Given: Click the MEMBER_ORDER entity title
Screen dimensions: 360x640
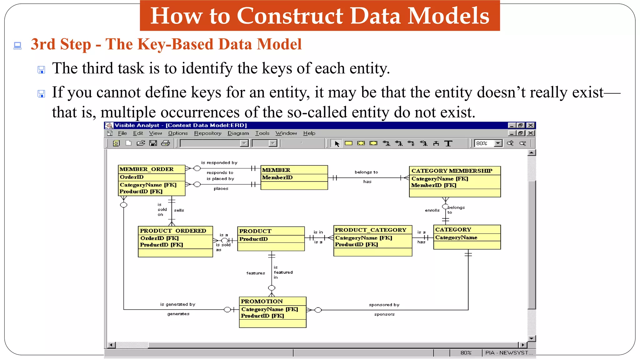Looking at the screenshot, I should coord(146,169).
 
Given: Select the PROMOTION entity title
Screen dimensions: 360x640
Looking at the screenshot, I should coord(262,301).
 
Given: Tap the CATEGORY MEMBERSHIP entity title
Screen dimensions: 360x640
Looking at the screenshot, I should coord(452,171).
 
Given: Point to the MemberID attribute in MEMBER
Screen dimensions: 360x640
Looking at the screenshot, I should coord(277,177).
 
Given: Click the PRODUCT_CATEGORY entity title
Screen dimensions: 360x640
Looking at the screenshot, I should coord(370,230).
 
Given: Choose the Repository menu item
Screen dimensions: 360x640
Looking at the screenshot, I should coord(207,133).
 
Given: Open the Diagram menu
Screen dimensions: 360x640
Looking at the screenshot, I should coord(238,133).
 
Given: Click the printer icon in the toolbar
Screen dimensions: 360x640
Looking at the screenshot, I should coord(165,143).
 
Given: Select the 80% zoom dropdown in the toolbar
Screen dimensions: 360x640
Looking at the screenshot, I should coord(488,143).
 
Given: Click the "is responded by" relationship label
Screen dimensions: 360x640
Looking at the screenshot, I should coord(219,162).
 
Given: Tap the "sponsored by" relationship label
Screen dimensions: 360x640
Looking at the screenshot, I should coord(384,305).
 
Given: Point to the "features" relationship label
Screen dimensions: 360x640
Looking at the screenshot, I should coord(255,273).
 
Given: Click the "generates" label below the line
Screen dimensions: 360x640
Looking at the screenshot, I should coord(178,314).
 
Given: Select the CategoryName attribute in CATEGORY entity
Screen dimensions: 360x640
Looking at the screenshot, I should coord(456,237).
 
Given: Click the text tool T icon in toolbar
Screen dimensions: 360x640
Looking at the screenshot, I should coord(448,143).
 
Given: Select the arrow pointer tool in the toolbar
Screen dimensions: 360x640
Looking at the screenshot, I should coord(337,143).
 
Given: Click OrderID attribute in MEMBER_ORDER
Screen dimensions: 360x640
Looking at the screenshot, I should coord(132,177).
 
